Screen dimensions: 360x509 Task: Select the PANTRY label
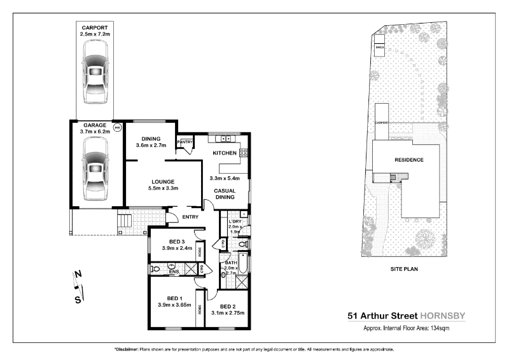tap(185, 141)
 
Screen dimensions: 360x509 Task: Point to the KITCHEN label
tap(225, 153)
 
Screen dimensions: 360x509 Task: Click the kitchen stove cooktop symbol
tap(244, 153)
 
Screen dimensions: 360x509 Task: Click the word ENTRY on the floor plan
tap(190, 218)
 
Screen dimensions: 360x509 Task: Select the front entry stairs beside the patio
tap(124, 223)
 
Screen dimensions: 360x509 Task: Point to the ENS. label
tap(174, 272)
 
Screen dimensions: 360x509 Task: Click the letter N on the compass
tap(78, 275)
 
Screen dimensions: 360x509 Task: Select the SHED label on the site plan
tap(380, 48)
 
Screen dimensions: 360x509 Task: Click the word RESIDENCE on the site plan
tap(408, 160)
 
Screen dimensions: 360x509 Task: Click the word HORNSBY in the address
tap(443, 315)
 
